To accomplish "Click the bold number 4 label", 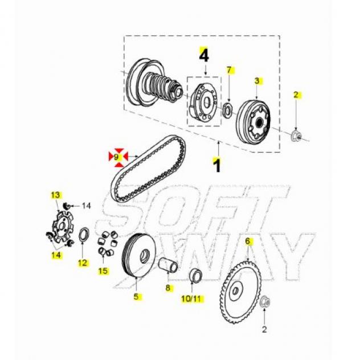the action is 204,55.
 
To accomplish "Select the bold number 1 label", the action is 217,165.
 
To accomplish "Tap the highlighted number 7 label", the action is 229,70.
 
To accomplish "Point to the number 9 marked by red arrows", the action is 116,157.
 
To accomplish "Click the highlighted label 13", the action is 55,195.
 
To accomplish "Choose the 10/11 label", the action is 191,298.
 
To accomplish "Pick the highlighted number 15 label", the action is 103,271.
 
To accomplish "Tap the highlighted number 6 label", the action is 247,241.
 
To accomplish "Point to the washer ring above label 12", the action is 84,234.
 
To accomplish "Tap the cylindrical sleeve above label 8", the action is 168,265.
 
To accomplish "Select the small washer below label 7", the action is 228,110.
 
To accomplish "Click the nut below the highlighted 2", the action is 296,136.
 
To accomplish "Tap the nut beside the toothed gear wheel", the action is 265,301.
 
